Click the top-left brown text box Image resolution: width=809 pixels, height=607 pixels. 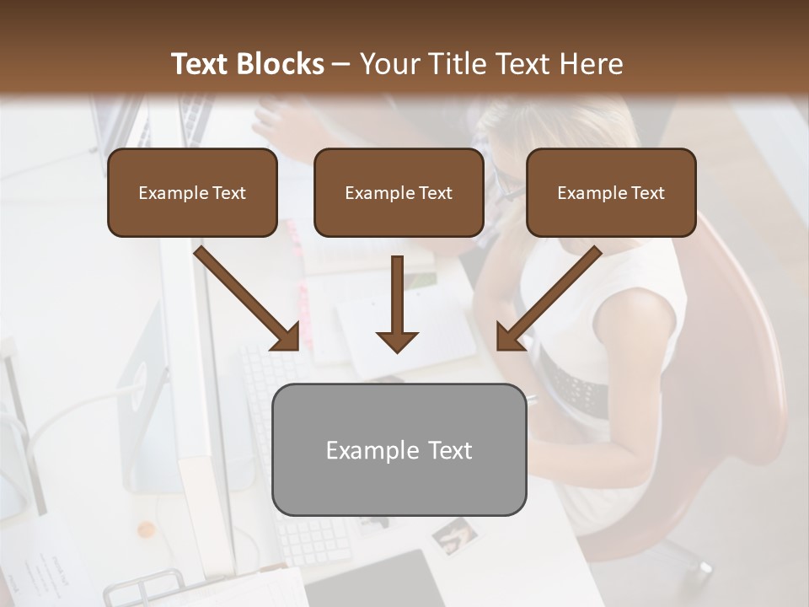(x=192, y=192)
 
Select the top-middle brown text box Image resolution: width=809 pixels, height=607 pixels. (x=399, y=192)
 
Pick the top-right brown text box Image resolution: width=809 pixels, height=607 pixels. (x=611, y=192)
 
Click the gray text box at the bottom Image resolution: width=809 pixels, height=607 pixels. (x=399, y=449)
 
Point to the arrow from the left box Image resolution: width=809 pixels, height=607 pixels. (x=248, y=298)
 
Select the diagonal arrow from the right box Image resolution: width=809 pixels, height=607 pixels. (x=548, y=298)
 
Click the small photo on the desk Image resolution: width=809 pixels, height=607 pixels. (x=454, y=534)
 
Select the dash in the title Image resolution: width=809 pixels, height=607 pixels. (x=341, y=64)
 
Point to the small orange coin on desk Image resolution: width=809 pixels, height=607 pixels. (x=147, y=529)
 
